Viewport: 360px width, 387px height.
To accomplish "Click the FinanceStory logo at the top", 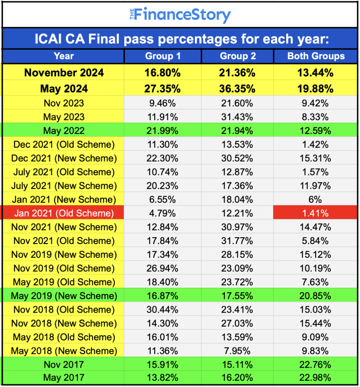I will point(180,15).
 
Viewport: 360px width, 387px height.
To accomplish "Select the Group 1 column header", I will point(163,56).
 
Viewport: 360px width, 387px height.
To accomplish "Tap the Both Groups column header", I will point(316,56).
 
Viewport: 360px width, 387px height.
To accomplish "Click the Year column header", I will point(64,56).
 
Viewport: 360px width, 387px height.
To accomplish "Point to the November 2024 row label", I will point(64,73).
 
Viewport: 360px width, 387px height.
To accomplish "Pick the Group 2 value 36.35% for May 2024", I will point(237,89).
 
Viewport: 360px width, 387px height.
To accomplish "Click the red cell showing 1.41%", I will point(315,214).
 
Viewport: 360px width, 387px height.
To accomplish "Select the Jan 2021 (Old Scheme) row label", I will point(64,214).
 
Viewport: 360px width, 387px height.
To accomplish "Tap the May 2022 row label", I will point(64,131).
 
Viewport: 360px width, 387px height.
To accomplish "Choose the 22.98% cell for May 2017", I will point(315,378).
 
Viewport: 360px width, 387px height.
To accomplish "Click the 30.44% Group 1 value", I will point(162,310).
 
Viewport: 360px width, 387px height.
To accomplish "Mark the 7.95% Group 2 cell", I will point(237,351).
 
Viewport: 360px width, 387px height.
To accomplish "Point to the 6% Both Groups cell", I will point(315,200).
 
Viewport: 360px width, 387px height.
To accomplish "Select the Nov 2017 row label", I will point(64,365).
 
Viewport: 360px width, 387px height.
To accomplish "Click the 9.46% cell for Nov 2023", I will point(162,103).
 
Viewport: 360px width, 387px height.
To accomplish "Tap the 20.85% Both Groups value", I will point(315,296).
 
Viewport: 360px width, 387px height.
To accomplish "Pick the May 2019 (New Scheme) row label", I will point(64,296).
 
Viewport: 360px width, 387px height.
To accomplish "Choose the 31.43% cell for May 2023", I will point(237,117).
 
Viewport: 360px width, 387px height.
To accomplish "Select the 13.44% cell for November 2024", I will point(315,73).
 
